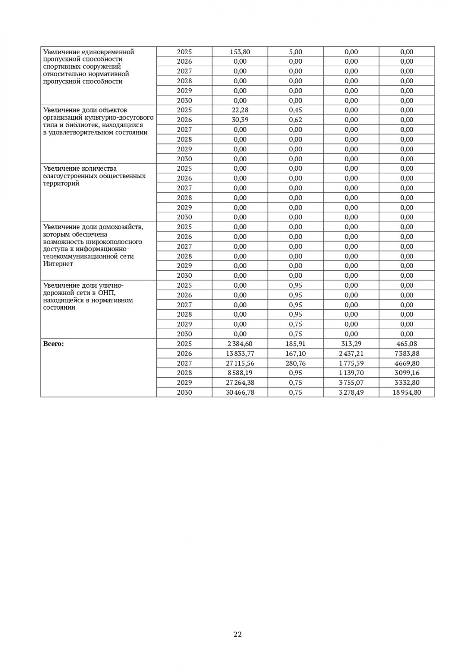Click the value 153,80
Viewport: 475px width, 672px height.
[240, 52]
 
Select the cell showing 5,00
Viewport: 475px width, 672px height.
[295, 52]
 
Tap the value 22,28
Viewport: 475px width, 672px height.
[240, 110]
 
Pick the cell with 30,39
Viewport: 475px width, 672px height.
[240, 120]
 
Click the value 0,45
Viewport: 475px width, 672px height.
[295, 110]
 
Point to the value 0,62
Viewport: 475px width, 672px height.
[295, 120]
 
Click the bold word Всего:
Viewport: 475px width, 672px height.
[53, 344]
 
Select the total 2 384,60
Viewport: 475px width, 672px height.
[240, 344]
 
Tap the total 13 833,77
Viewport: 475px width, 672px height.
[240, 353]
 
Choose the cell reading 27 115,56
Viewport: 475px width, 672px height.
[240, 363]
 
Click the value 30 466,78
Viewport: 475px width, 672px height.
[240, 392]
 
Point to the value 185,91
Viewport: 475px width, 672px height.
[295, 344]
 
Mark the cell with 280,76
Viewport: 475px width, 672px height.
[295, 363]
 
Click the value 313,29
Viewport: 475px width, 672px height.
[351, 344]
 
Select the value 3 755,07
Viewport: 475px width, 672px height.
[351, 383]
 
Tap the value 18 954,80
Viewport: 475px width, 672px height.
[407, 392]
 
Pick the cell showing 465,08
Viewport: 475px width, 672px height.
[407, 344]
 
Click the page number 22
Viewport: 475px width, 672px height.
[237, 634]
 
